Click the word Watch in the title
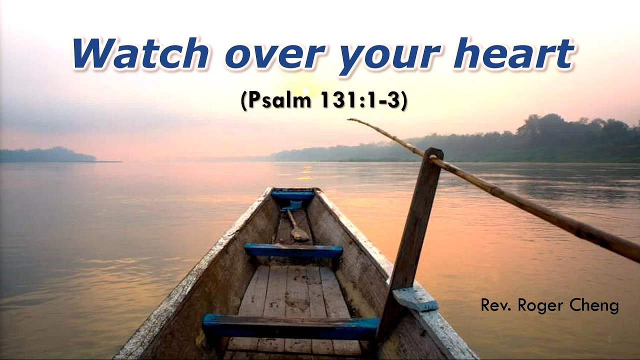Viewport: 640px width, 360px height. click(x=140, y=53)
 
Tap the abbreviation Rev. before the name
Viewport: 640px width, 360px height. click(x=496, y=305)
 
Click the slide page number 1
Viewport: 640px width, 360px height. click(x=610, y=340)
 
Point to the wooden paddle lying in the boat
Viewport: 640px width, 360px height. click(x=296, y=227)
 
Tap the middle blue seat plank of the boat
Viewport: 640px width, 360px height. click(x=293, y=250)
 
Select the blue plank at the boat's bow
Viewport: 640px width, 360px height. click(x=293, y=195)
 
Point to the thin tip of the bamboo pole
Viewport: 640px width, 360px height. click(x=352, y=120)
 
